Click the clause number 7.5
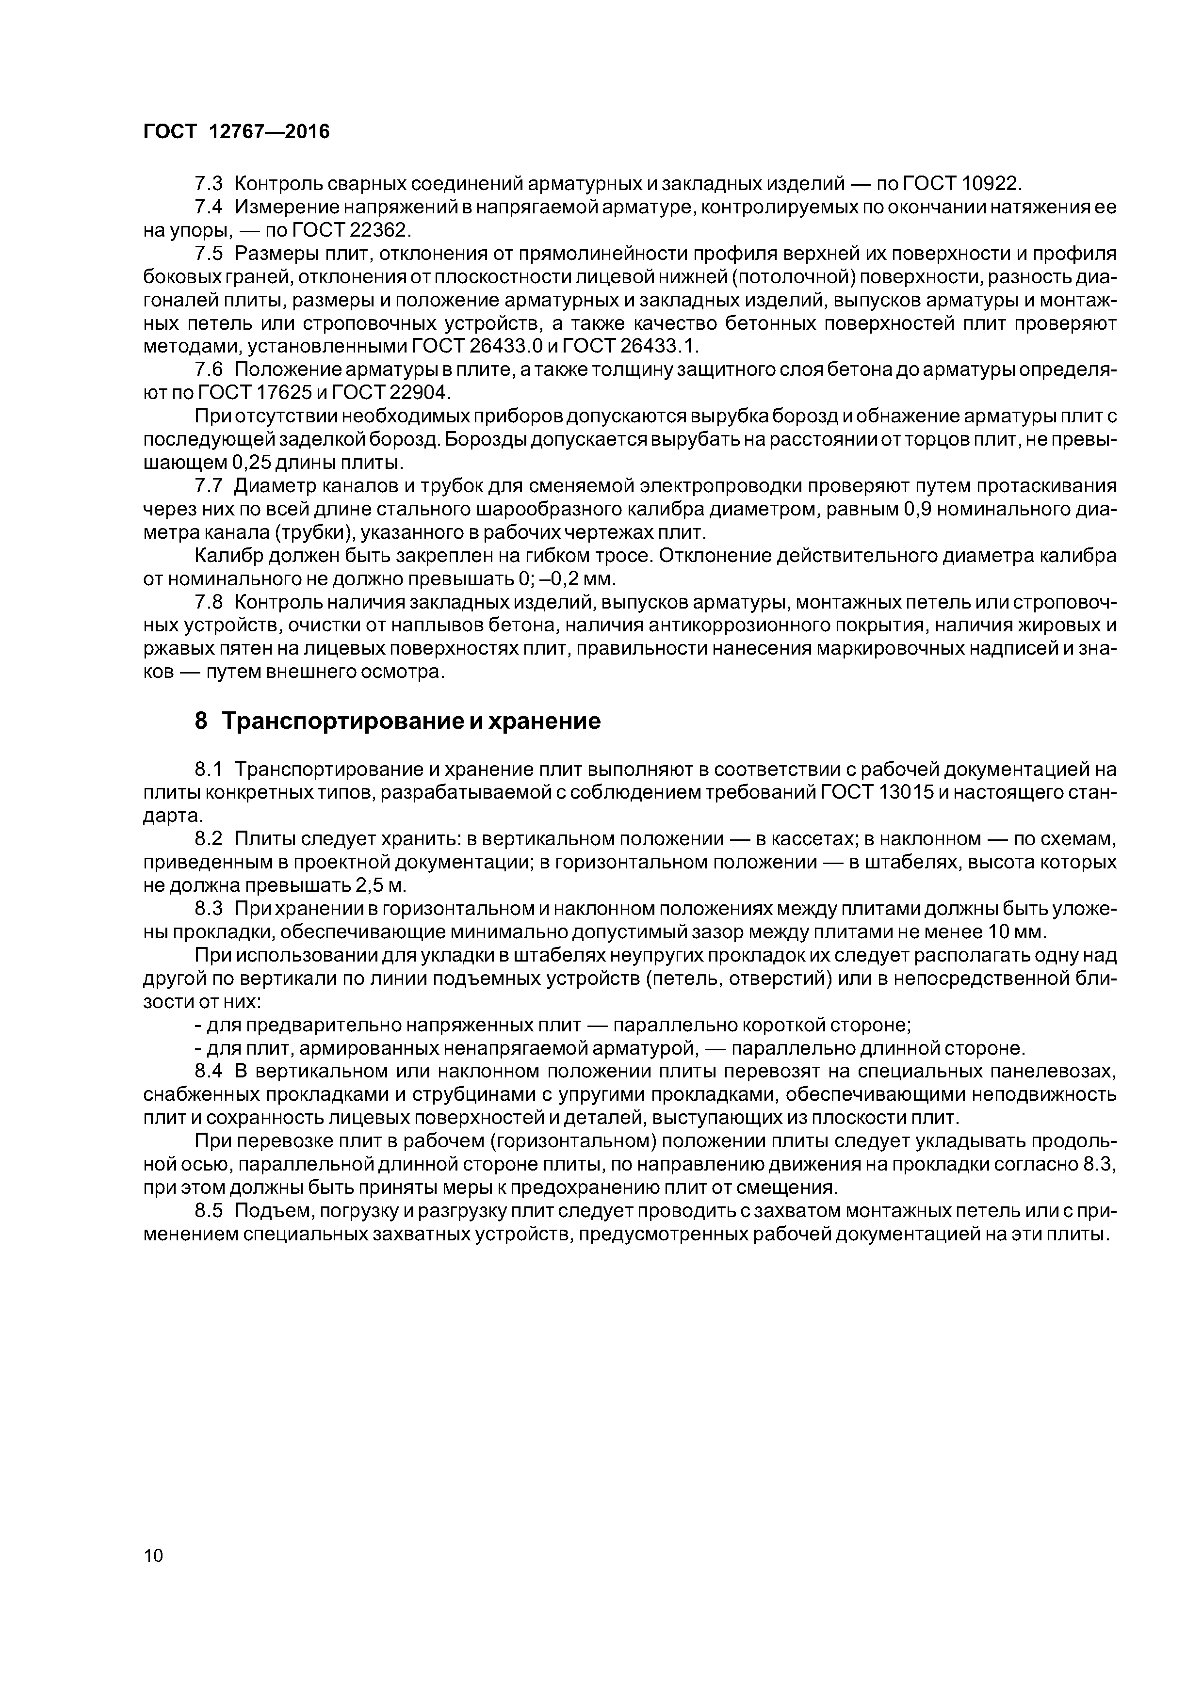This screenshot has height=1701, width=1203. click(x=208, y=254)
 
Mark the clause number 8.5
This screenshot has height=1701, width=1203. click(x=208, y=1211)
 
